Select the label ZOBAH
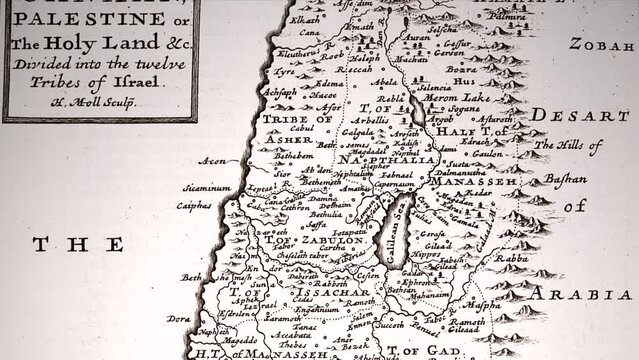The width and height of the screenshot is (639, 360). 598,44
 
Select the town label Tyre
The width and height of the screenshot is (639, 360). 287,72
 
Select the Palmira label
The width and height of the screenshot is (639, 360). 508,17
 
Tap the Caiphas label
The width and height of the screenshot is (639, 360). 194,205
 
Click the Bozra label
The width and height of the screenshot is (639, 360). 460,70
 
